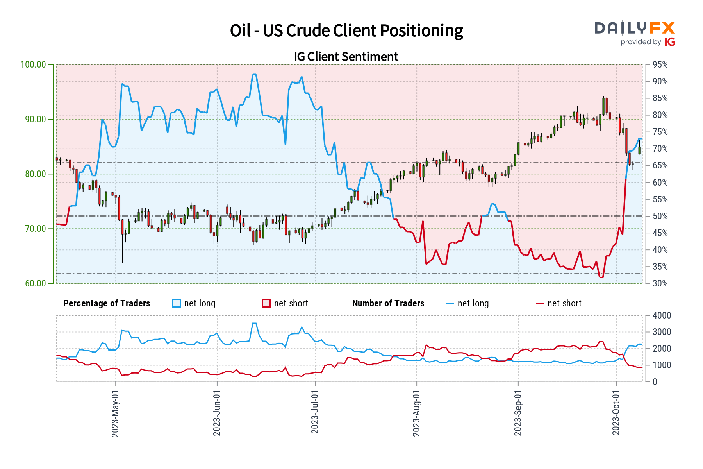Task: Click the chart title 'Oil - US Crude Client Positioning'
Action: pyautogui.click(x=346, y=31)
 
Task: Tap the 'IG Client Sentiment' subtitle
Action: pyautogui.click(x=346, y=57)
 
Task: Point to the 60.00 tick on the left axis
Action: pyautogui.click(x=36, y=283)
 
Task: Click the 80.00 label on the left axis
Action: pyautogui.click(x=36, y=174)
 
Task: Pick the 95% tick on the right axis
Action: pyautogui.click(x=660, y=64)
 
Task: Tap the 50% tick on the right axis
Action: pyautogui.click(x=660, y=216)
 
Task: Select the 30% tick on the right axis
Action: pyautogui.click(x=660, y=283)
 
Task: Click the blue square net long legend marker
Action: pyautogui.click(x=177, y=303)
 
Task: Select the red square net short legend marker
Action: pyautogui.click(x=266, y=303)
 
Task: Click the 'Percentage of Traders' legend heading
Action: pyautogui.click(x=107, y=303)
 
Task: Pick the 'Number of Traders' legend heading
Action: pyautogui.click(x=388, y=303)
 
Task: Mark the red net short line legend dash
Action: pyautogui.click(x=539, y=303)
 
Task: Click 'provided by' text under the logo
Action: pyautogui.click(x=641, y=42)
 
